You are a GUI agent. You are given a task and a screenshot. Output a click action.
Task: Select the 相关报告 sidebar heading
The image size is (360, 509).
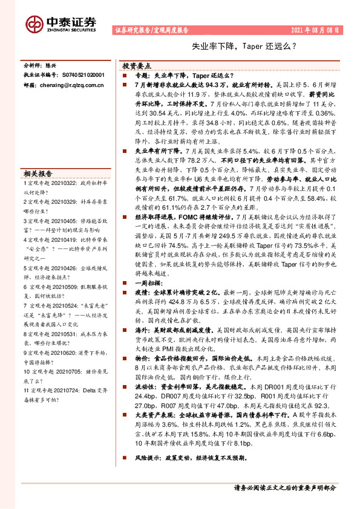(37, 172)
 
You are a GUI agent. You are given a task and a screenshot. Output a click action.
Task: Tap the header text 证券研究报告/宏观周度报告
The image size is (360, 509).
(151, 30)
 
